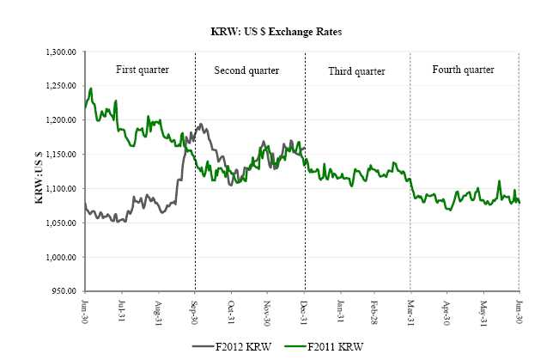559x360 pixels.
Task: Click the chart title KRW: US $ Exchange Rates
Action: pyautogui.click(x=279, y=32)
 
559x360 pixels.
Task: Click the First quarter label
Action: pyautogui.click(x=142, y=69)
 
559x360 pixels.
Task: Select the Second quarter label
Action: pyautogui.click(x=250, y=69)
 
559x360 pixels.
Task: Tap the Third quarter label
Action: pyautogui.click(x=357, y=70)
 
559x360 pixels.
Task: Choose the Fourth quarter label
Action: pyautogui.click(x=464, y=69)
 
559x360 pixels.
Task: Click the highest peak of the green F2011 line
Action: pyautogui.click(x=91, y=88)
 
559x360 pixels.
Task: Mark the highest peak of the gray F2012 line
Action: pyautogui.click(x=201, y=125)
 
